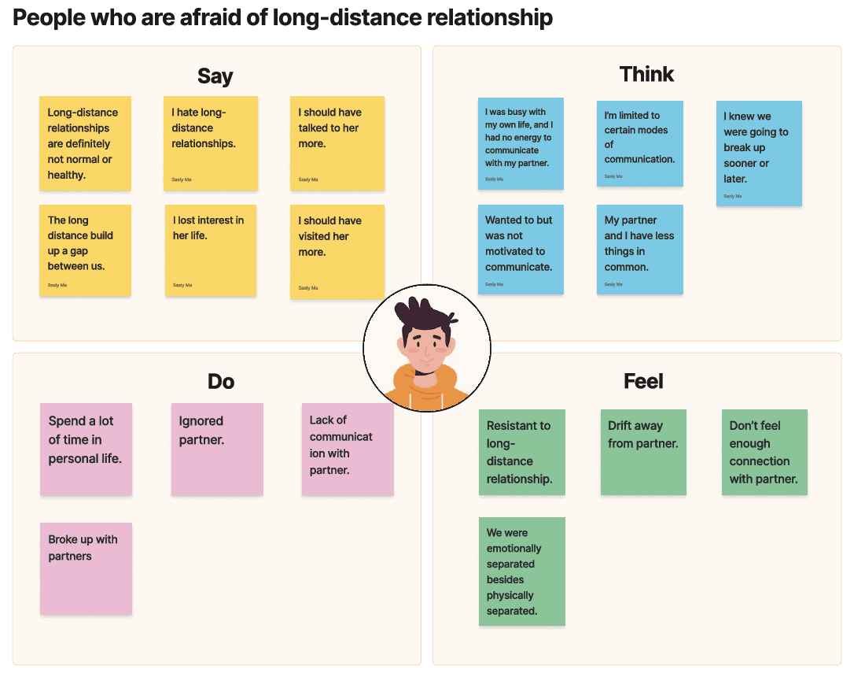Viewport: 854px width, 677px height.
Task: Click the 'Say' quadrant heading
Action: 215,76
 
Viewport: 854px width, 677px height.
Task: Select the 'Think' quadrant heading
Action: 646,74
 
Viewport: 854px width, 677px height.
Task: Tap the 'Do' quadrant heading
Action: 221,382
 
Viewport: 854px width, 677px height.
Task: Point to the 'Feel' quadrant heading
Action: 643,382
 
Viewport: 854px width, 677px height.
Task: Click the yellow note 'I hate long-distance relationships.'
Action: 210,142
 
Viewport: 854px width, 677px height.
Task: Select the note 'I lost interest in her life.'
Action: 210,250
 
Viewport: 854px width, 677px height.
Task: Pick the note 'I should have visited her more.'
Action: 337,251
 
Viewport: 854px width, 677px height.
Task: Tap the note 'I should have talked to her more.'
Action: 337,142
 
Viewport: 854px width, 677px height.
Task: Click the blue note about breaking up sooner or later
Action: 758,153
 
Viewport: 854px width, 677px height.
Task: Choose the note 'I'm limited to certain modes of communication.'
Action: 639,143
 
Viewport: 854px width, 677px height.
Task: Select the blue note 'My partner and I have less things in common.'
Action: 639,249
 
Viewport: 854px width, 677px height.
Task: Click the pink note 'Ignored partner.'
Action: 217,449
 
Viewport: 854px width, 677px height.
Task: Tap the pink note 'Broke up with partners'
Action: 86,568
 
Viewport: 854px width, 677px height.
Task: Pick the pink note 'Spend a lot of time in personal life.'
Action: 86,449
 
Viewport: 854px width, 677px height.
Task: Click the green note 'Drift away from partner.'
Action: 642,452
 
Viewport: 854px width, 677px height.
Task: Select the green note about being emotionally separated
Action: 521,571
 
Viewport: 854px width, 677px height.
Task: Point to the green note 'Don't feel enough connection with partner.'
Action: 764,452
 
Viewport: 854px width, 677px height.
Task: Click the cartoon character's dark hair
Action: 425,316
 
